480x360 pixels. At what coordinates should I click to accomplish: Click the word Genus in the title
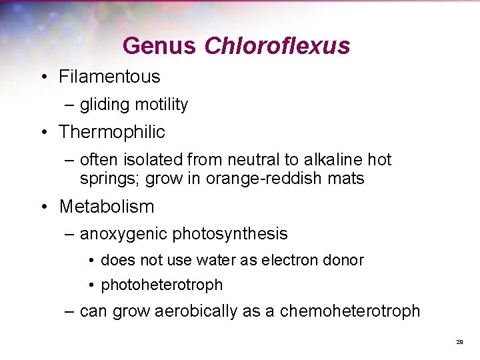159,46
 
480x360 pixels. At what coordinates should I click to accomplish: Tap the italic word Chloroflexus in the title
277,46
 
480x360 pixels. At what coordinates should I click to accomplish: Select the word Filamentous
109,77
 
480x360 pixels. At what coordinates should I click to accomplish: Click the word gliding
105,105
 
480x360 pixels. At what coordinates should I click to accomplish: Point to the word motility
161,105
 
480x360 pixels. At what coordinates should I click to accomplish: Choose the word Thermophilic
111,132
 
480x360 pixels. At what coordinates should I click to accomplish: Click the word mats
349,179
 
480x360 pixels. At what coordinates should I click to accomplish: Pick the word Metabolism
107,207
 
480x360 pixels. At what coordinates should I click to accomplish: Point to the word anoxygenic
123,234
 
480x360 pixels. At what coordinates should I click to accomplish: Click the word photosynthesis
230,234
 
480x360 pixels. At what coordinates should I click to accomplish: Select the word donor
343,260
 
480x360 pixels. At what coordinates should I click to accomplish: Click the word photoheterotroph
161,285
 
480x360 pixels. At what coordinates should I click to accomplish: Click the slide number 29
459,341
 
